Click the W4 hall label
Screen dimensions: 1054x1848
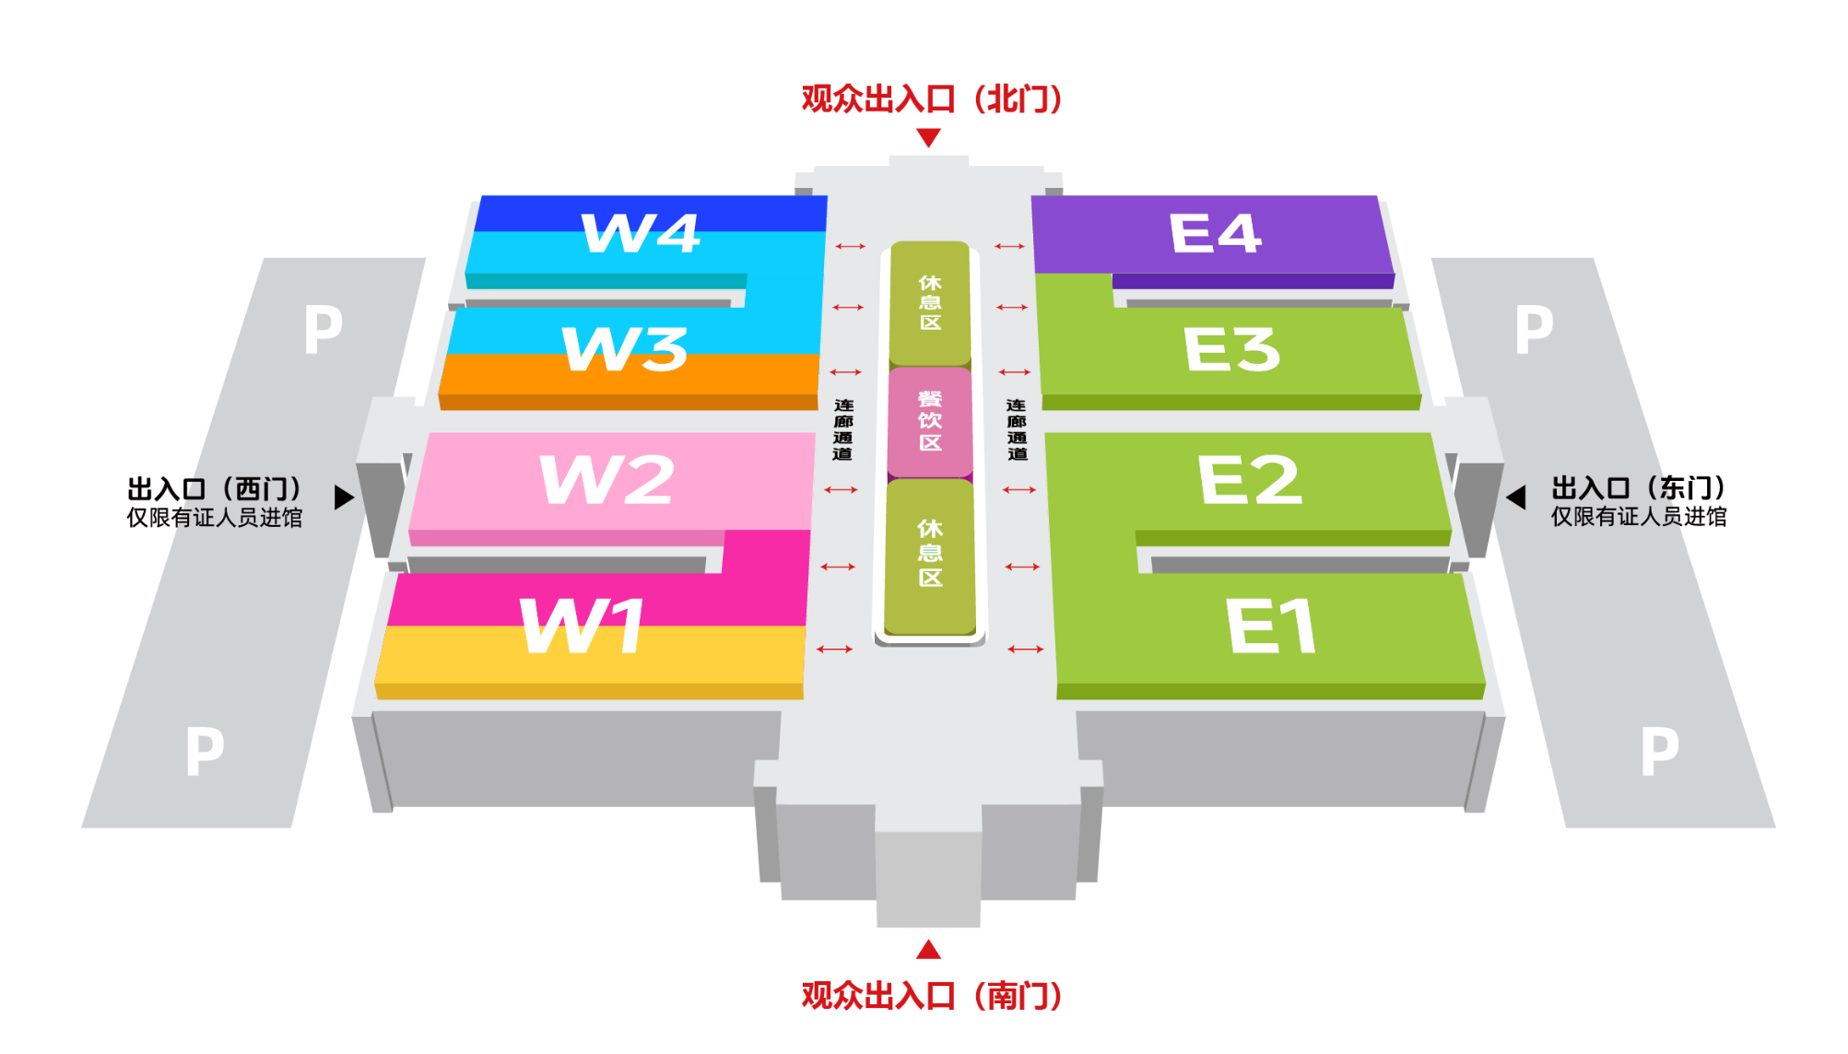click(641, 233)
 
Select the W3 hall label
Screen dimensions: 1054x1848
click(625, 349)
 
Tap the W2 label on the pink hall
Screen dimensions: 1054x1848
click(607, 480)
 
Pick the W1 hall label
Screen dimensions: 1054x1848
click(583, 627)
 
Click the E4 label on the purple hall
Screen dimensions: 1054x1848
click(1215, 233)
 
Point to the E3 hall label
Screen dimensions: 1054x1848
click(1231, 349)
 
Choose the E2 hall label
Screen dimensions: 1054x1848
click(1250, 480)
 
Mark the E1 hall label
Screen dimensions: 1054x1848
click(1270, 627)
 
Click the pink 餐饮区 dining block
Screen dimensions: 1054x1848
click(930, 421)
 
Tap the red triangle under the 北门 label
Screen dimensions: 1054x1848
click(929, 138)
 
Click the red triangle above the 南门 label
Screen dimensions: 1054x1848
click(929, 949)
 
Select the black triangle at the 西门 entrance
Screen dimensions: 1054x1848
click(344, 498)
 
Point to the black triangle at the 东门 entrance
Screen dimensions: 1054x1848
click(1516, 498)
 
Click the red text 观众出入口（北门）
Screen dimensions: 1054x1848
click(931, 99)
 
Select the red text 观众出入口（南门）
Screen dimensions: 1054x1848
click(931, 996)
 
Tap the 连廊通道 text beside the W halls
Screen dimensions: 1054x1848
click(843, 429)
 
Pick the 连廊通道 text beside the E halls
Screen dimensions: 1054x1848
click(1017, 429)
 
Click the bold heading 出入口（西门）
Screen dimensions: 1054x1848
click(215, 488)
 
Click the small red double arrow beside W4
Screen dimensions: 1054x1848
click(851, 246)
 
